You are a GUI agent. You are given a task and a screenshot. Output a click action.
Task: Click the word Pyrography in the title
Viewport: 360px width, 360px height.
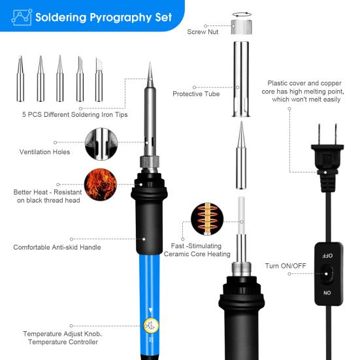pyautogui.click(x=120, y=18)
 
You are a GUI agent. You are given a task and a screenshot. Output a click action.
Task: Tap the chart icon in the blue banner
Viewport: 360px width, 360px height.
pyautogui.click(x=22, y=17)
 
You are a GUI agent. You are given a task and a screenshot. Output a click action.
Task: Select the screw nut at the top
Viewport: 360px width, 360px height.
pyautogui.click(x=241, y=27)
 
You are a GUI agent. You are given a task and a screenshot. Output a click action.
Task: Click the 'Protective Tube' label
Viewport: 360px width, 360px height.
pyautogui.click(x=196, y=94)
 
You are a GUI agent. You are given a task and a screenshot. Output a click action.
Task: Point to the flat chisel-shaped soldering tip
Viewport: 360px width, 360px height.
pyautogui.click(x=99, y=80)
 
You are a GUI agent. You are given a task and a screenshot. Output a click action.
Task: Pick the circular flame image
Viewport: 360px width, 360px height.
pyautogui.click(x=101, y=185)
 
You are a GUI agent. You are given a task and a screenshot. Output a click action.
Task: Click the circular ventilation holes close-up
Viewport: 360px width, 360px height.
pyautogui.click(x=101, y=144)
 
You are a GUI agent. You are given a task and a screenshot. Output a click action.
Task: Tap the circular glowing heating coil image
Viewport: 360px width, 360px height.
pyautogui.click(x=207, y=219)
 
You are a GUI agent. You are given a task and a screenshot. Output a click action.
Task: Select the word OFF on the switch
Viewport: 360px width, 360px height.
pyautogui.click(x=327, y=255)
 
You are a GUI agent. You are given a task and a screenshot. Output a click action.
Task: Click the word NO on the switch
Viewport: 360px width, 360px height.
pyautogui.click(x=327, y=293)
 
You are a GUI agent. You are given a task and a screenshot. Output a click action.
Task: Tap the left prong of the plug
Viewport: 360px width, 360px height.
pyautogui.click(x=319, y=135)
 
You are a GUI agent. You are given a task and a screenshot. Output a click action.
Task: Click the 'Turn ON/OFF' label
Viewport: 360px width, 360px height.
pyautogui.click(x=286, y=266)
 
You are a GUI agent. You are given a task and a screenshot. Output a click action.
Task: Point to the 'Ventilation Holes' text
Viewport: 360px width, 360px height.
pyautogui.click(x=45, y=152)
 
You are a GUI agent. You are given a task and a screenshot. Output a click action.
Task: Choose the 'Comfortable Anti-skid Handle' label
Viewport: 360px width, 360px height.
pyautogui.click(x=57, y=247)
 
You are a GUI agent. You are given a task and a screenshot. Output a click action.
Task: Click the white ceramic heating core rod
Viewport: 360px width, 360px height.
pyautogui.click(x=242, y=216)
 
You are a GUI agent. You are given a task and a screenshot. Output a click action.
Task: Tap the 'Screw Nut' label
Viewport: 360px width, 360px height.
pyautogui.click(x=203, y=32)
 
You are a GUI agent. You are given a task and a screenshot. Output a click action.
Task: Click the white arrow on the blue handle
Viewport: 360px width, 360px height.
pyautogui.click(x=151, y=310)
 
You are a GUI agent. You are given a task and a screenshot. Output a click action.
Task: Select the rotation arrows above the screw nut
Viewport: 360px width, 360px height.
pyautogui.click(x=242, y=14)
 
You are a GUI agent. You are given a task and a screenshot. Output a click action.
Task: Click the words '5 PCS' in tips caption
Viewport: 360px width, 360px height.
pyautogui.click(x=32, y=114)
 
